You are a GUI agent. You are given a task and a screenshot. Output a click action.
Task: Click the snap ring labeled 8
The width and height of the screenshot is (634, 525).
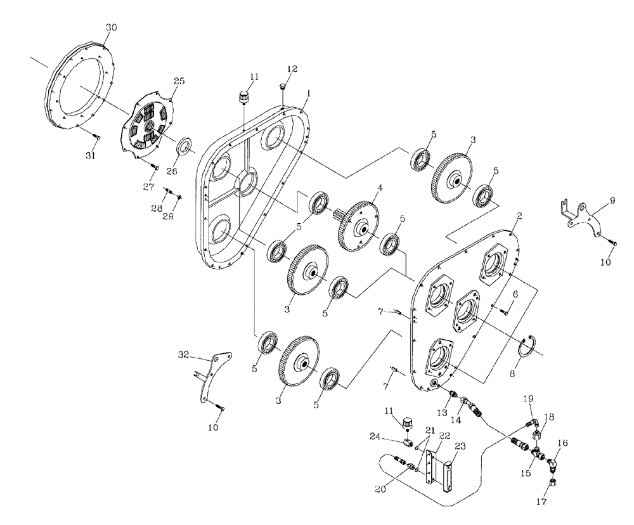526,350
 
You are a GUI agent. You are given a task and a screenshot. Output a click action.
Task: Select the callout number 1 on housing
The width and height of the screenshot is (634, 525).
307,93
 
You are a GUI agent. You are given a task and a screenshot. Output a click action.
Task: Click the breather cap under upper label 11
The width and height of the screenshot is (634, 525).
243,98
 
